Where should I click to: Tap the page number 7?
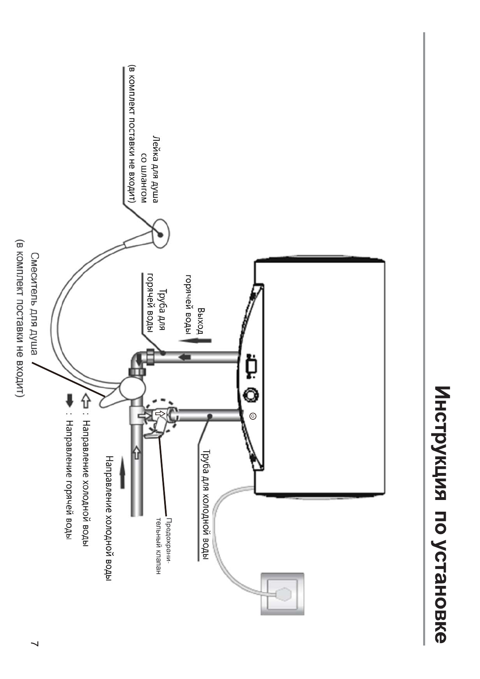35,644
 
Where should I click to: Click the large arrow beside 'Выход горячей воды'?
196,341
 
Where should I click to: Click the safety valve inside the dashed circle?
160,419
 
